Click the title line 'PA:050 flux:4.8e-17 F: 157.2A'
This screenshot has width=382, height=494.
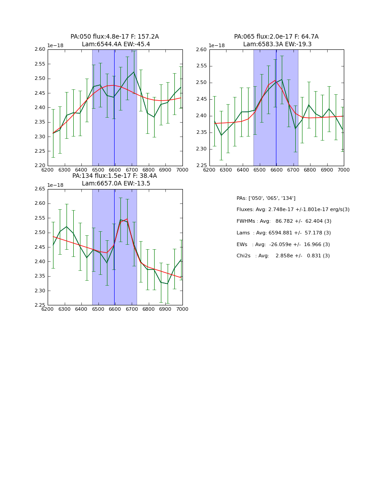point(115,37)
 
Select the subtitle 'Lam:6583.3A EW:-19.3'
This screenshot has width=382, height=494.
point(277,44)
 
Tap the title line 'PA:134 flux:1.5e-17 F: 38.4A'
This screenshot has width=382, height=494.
point(115,176)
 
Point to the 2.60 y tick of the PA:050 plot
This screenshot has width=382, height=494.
point(40,49)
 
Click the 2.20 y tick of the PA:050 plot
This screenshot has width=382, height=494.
point(40,166)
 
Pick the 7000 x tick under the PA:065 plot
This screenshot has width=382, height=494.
point(343,170)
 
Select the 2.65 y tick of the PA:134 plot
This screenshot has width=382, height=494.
point(40,189)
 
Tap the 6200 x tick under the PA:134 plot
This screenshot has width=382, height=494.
point(48,309)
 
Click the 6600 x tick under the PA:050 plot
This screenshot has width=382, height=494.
point(115,170)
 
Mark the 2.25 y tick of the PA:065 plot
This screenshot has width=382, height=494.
point(202,166)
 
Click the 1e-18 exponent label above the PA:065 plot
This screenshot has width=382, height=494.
point(217,46)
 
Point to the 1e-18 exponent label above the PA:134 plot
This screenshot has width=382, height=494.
point(55,185)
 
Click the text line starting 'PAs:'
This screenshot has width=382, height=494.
point(266,198)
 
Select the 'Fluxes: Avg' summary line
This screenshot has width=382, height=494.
point(293,210)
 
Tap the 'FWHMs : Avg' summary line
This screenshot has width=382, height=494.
point(284,221)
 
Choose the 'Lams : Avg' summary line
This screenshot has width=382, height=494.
point(283,233)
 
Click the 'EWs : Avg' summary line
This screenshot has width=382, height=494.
point(283,244)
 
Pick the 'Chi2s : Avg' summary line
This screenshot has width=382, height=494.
point(283,256)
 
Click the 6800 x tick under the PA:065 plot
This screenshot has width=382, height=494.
point(310,170)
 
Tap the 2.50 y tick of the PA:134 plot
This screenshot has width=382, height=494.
point(40,233)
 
